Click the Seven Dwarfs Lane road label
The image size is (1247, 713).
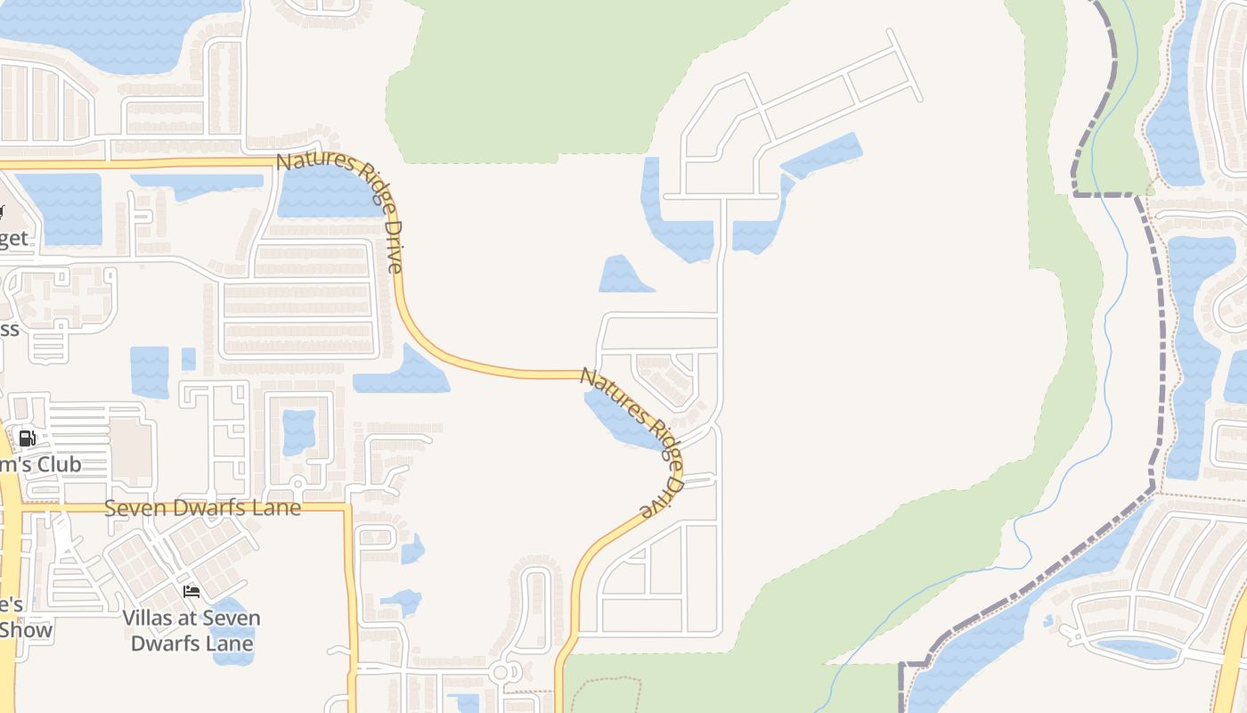pos(202,508)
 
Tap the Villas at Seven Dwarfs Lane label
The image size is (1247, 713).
pos(192,630)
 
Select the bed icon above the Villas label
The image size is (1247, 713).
pos(191,591)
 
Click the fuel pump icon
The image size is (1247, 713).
pos(28,438)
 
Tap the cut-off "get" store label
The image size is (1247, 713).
pos(14,239)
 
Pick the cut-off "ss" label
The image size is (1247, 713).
pos(9,329)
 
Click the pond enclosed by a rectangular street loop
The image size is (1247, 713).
pos(298,432)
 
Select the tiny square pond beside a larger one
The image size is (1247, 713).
pos(188,358)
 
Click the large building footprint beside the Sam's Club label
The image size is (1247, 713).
pos(131,442)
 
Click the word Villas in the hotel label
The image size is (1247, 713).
pos(152,618)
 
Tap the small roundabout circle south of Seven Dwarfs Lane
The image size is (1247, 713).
pos(500,673)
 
